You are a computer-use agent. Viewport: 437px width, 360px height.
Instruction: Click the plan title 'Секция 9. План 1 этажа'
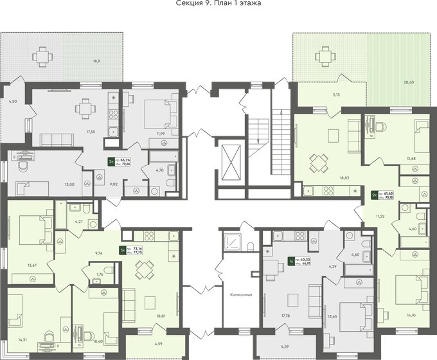[x=218, y=4]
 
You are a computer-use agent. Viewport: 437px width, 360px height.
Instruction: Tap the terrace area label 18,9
[x=96, y=61]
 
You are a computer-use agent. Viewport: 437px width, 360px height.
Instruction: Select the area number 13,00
[x=68, y=184]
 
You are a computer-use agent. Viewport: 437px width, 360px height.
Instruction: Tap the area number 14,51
[x=22, y=339]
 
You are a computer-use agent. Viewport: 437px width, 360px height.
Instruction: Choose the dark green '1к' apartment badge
[x=291, y=261]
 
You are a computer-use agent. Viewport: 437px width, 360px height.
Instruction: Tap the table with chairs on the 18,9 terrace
[x=42, y=57]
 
